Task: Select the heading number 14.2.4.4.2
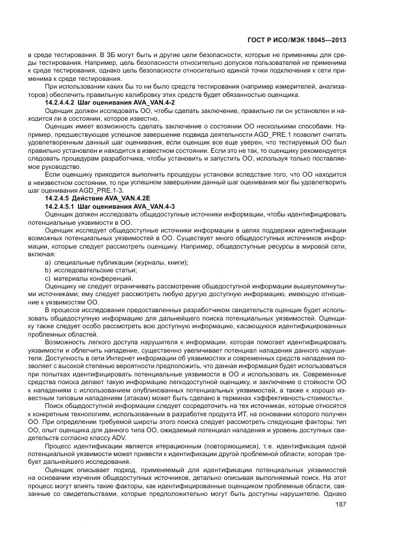[62, 104]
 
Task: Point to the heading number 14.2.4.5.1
[62, 205]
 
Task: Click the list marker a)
[48, 262]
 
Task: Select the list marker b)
[48, 269]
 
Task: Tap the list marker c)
[48, 277]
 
